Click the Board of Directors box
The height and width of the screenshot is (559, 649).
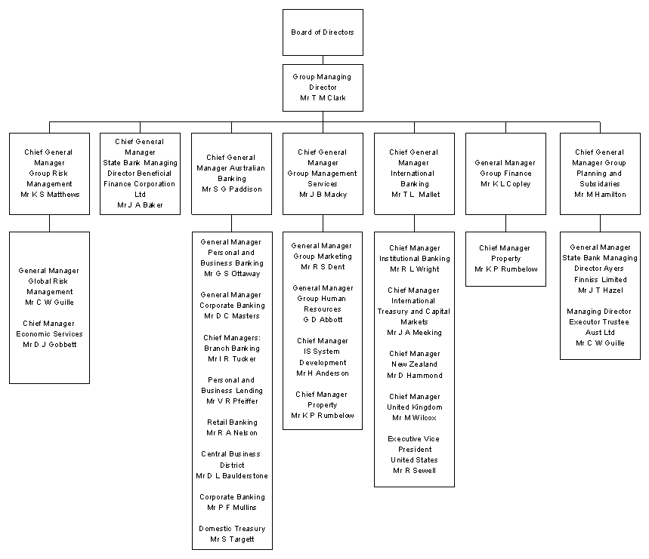[x=323, y=32]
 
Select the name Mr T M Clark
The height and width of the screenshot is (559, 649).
[x=323, y=98]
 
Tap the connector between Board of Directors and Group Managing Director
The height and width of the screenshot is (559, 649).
[x=323, y=60]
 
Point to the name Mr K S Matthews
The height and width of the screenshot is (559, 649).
[x=50, y=195]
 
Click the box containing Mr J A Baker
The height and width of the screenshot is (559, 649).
[x=141, y=174]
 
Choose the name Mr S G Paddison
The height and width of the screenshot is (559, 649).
[x=232, y=189]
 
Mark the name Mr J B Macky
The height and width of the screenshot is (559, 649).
[x=323, y=195]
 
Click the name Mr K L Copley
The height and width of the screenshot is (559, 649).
[x=505, y=184]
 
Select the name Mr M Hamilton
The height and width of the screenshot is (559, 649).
[x=600, y=195]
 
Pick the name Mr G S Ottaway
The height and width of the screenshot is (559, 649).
[x=232, y=274]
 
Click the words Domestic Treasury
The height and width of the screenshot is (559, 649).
[x=232, y=529]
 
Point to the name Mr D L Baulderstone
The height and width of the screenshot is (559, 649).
[x=232, y=476]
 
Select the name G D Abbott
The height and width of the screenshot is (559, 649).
[x=323, y=320]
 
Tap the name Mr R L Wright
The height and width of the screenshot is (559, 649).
[x=414, y=269]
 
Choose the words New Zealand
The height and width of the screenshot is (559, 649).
[x=414, y=364]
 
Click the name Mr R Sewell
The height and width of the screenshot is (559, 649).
[x=414, y=471]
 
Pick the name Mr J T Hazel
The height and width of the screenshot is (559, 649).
[x=600, y=290]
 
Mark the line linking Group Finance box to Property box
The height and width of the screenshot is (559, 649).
[x=505, y=223]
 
